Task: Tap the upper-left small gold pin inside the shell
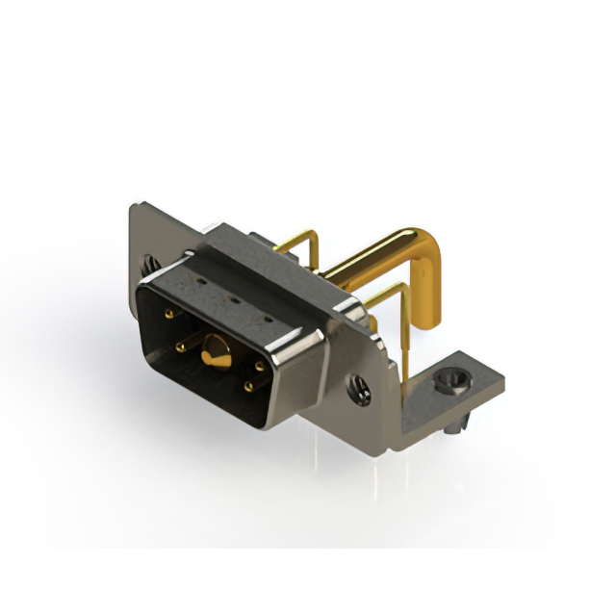pyautogui.click(x=169, y=315)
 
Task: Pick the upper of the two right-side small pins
pyautogui.click(x=260, y=364)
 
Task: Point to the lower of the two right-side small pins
pyautogui.click(x=248, y=387)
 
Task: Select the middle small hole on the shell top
pyautogui.click(x=235, y=299)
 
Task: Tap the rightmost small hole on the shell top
pyautogui.click(x=267, y=315)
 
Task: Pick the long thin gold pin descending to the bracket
pyautogui.click(x=404, y=337)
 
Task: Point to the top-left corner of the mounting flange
pyautogui.click(x=135, y=205)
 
